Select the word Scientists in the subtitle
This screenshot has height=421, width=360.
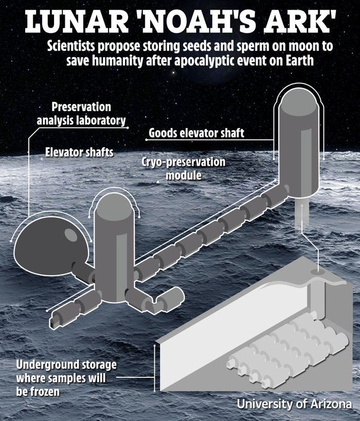click(71, 46)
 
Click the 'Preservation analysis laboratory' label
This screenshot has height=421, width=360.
click(81, 114)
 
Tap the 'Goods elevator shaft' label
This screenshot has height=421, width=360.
click(196, 133)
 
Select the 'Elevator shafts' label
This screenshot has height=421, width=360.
click(79, 152)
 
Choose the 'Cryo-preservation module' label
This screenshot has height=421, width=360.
click(184, 169)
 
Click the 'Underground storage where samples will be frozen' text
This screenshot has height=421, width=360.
click(66, 378)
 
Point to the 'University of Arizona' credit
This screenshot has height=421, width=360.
click(294, 404)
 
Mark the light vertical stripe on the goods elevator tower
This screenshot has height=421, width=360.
click(306, 164)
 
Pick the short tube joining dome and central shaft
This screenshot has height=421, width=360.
click(82, 272)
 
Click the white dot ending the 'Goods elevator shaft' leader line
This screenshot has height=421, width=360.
click(147, 140)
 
